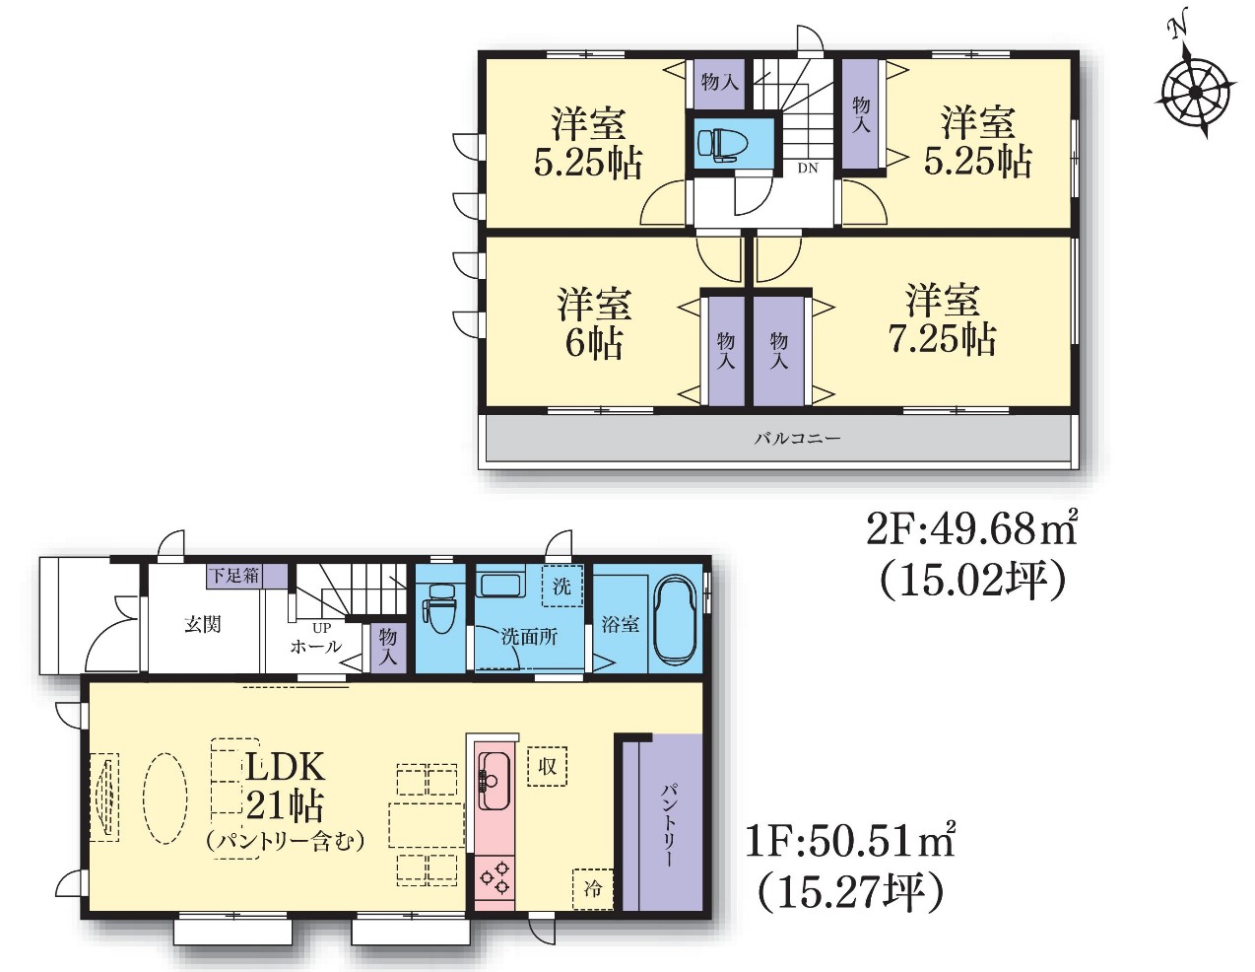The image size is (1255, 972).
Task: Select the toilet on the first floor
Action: pyautogui.click(x=441, y=608)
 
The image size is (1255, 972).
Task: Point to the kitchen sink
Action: pyautogui.click(x=494, y=780)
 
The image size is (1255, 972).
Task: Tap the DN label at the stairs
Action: pyautogui.click(x=808, y=169)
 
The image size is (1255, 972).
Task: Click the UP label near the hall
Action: pyautogui.click(x=322, y=628)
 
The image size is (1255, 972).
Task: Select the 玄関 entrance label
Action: pyautogui.click(x=202, y=625)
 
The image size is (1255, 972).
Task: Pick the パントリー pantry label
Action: pyautogui.click(x=668, y=825)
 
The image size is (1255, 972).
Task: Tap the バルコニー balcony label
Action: pyautogui.click(x=798, y=439)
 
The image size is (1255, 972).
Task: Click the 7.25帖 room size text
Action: pyautogui.click(x=942, y=338)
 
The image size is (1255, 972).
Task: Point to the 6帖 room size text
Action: pyautogui.click(x=594, y=343)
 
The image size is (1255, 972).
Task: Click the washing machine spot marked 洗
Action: pyautogui.click(x=561, y=586)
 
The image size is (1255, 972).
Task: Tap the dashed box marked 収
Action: pyautogui.click(x=547, y=766)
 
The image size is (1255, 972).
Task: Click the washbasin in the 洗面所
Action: pyautogui.click(x=501, y=586)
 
